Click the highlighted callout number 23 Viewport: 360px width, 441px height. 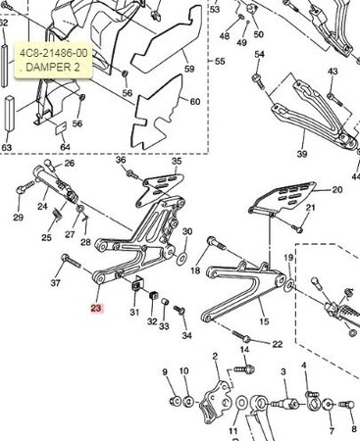tap(96, 308)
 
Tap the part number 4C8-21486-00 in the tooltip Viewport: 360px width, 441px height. tap(54, 53)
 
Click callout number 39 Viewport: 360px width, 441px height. tap(301, 153)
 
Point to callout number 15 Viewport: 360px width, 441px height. tap(264, 321)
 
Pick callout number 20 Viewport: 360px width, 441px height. tap(336, 189)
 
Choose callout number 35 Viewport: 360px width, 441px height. tap(177, 161)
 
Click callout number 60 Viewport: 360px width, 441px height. tap(195, 102)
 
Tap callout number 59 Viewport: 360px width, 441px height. tap(189, 69)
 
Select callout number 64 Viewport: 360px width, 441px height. tap(65, 147)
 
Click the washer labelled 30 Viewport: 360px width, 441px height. tap(181, 259)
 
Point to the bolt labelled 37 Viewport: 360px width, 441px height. tap(71, 261)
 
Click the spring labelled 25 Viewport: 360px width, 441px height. tap(57, 215)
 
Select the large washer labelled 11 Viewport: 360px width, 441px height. tap(241, 404)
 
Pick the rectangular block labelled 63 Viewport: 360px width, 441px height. tap(9, 114)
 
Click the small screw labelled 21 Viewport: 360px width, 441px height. tap(296, 228)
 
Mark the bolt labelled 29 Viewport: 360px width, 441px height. tap(26, 187)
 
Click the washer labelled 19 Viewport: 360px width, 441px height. tap(289, 284)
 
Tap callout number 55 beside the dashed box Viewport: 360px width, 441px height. tap(220, 61)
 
